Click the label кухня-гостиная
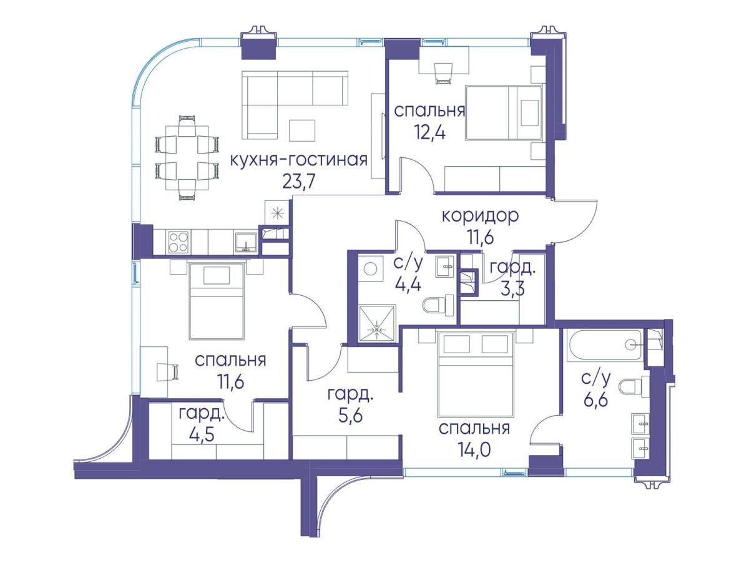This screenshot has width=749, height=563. tap(298, 160)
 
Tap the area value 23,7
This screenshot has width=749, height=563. tap(298, 182)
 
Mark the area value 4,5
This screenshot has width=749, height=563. tap(202, 435)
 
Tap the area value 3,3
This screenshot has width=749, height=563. tap(512, 288)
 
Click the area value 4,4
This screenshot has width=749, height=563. tap(408, 284)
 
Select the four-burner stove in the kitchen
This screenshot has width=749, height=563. tap(179, 242)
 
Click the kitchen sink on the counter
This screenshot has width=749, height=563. tap(246, 242)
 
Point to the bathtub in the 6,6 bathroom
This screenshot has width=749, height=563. tap(604, 345)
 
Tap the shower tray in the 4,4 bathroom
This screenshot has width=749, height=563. tap(377, 323)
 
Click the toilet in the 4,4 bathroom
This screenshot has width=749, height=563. tap(438, 305)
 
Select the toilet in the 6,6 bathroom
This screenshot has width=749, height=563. tap(634, 387)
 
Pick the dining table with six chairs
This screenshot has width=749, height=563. tap(187, 158)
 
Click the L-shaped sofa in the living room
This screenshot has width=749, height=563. tap(294, 105)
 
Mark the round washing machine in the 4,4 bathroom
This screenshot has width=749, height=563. tap(370, 269)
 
